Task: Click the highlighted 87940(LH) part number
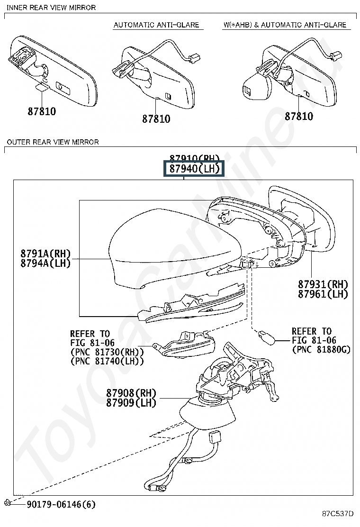[x=192, y=169]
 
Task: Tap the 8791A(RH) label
[x=45, y=254]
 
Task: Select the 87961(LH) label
[x=323, y=294]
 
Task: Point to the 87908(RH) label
[x=131, y=393]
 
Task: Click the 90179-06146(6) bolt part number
[x=61, y=504]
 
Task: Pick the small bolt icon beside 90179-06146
[x=8, y=503]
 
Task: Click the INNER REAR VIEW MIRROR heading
[x=51, y=8]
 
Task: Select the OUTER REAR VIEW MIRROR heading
[x=53, y=142]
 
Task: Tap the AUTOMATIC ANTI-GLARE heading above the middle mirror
[x=156, y=25]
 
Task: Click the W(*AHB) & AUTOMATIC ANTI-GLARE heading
[x=285, y=25]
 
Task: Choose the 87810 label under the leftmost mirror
[x=42, y=112]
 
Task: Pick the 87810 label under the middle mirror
[x=156, y=119]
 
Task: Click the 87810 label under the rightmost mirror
[x=299, y=116]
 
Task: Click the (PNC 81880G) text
[x=321, y=350]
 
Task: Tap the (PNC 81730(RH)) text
[x=107, y=352]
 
